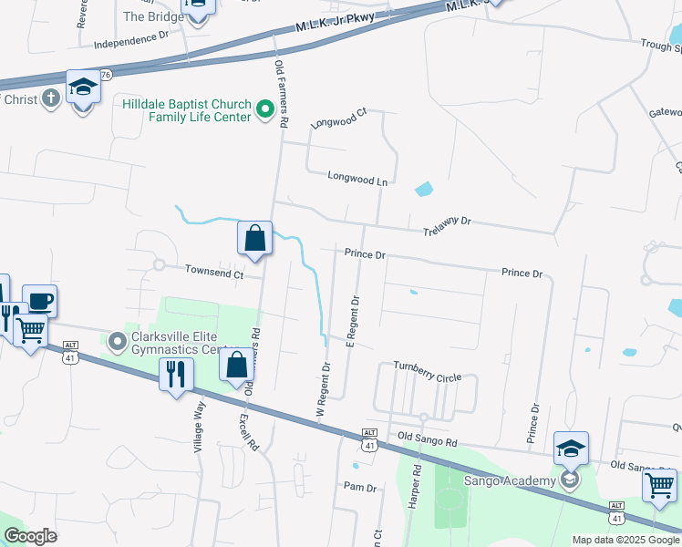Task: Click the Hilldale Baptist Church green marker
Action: pyautogui.click(x=266, y=111)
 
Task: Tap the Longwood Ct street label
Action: pyautogui.click(x=338, y=118)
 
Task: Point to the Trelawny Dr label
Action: pyautogui.click(x=447, y=225)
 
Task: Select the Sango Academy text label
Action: pyautogui.click(x=510, y=480)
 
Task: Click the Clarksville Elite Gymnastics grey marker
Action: pyautogui.click(x=117, y=343)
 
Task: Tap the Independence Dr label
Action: pyautogui.click(x=131, y=40)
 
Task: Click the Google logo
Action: pyautogui.click(x=30, y=536)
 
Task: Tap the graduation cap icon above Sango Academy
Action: pyautogui.click(x=571, y=448)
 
